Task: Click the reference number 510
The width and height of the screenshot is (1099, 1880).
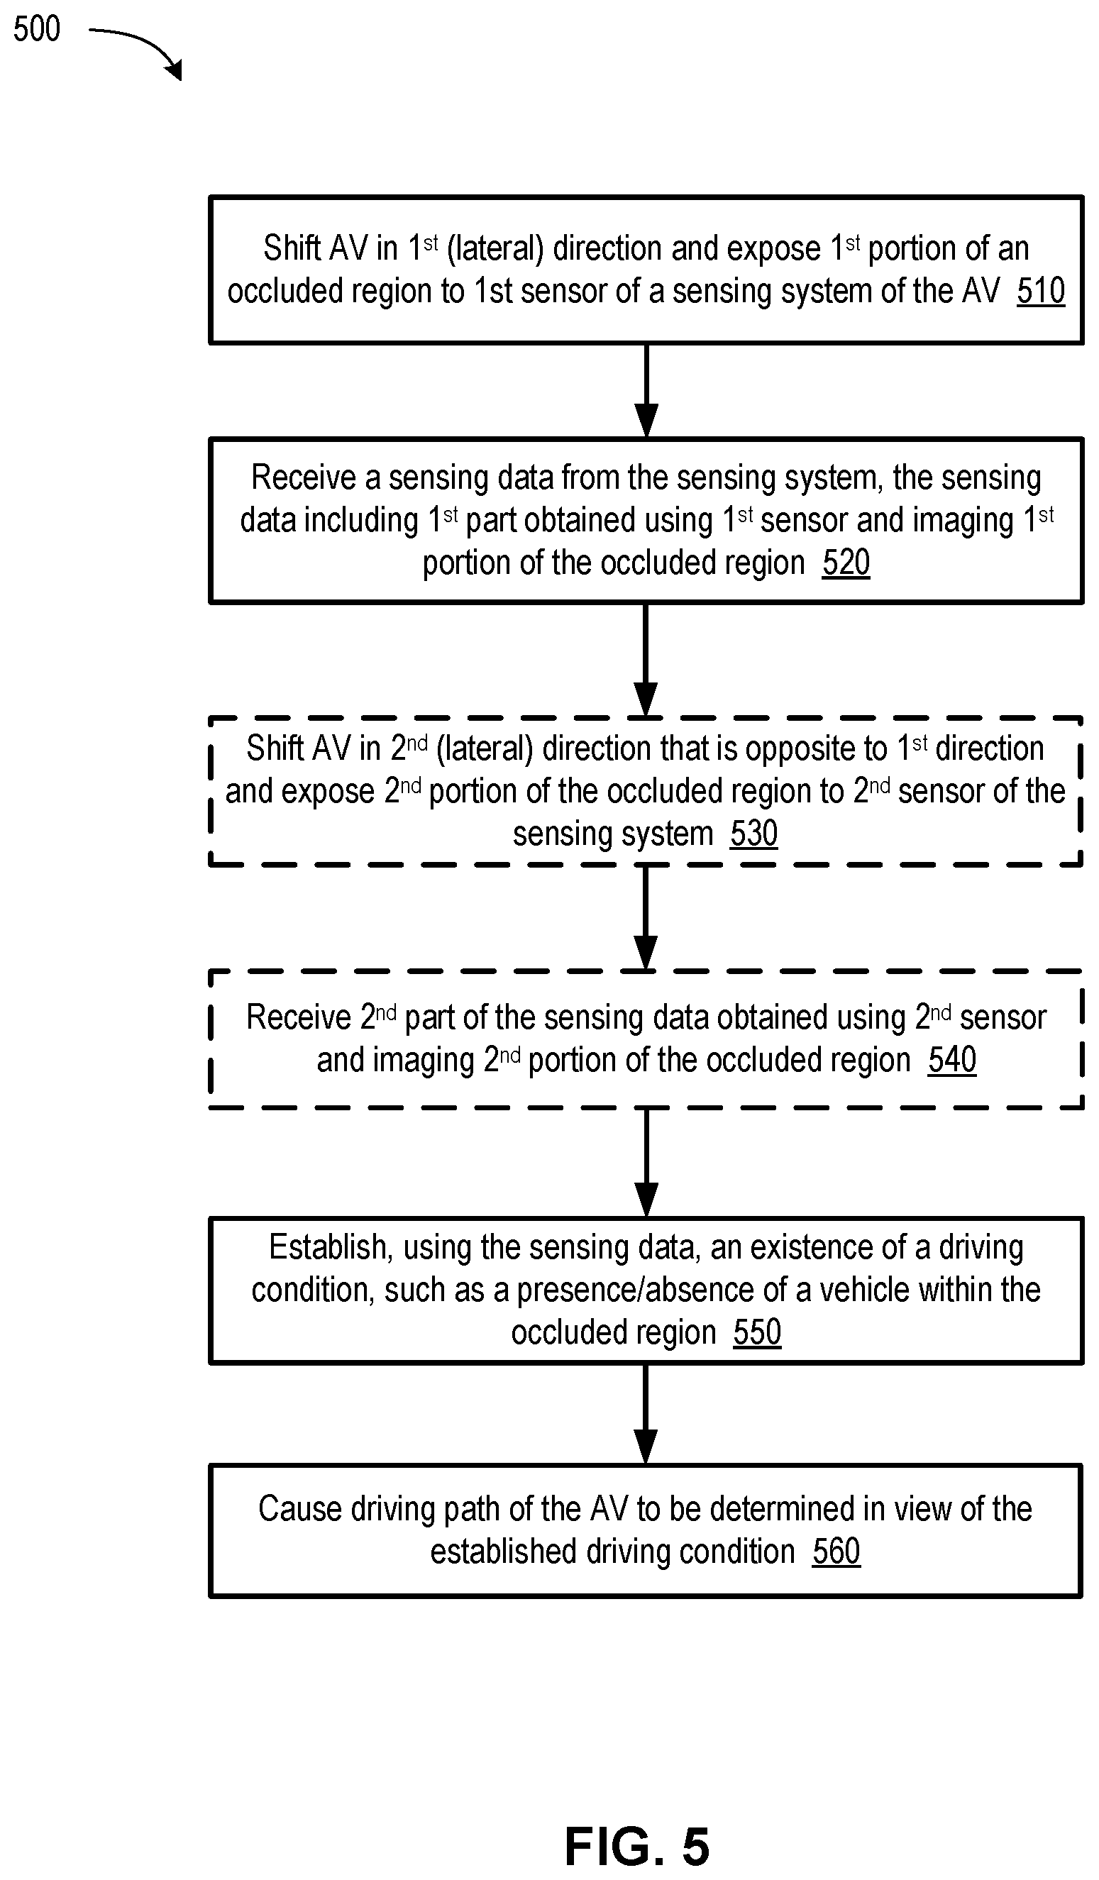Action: [x=1040, y=291]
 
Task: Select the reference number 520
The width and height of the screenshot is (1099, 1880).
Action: [x=846, y=563]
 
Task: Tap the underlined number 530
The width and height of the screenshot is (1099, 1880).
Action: [x=753, y=834]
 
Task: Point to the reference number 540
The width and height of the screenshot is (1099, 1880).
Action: [x=952, y=1059]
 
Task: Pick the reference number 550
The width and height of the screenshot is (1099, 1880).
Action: [x=757, y=1332]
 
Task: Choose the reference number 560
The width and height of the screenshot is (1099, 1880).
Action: [x=836, y=1551]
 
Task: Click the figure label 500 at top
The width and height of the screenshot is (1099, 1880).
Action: [x=37, y=29]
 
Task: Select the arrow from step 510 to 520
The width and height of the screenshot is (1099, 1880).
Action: [x=646, y=390]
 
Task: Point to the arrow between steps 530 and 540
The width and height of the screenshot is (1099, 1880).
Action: [x=646, y=917]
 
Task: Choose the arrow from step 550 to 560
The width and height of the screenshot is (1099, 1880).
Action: [x=646, y=1414]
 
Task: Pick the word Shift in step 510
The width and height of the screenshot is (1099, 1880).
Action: [x=292, y=248]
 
